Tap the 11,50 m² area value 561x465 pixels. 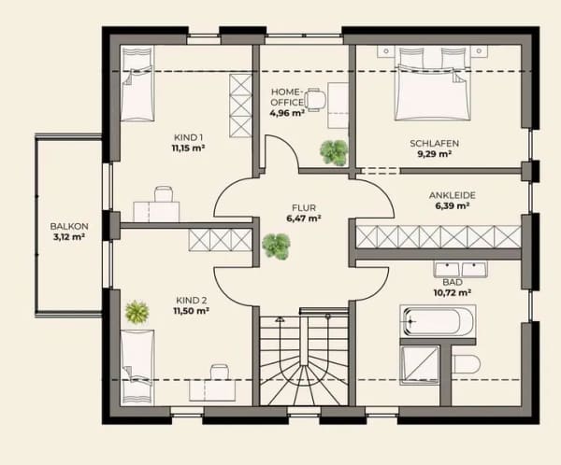[192, 311]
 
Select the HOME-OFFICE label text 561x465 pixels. [287, 97]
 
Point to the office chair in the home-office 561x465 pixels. [316, 100]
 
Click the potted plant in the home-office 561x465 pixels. [334, 152]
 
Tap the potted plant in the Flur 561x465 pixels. [276, 247]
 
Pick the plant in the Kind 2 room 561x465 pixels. [137, 312]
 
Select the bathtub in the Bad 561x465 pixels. [438, 321]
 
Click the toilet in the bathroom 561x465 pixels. [465, 364]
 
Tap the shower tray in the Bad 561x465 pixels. [420, 365]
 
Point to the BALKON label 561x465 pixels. [69, 226]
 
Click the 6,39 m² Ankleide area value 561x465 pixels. [453, 205]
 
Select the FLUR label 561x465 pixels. [304, 207]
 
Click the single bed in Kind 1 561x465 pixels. [137, 84]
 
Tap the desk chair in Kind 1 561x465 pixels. [164, 194]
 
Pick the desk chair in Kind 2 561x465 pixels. [220, 373]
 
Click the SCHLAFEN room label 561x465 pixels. [435, 143]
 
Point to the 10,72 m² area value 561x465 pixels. [453, 293]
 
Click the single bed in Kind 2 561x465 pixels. [137, 368]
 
